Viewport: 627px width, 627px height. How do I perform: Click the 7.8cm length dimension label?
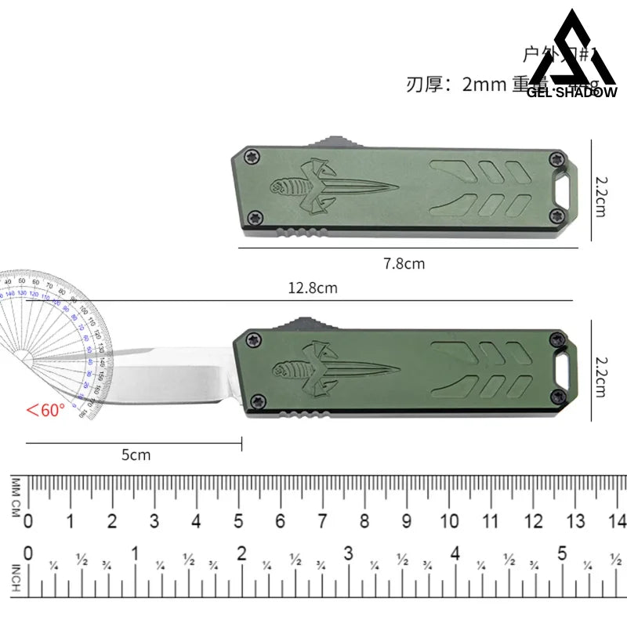coord(404,264)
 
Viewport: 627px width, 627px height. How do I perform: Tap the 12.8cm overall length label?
coord(312,288)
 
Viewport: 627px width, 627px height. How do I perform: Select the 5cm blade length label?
coord(136,455)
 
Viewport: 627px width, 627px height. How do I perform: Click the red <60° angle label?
coord(45,409)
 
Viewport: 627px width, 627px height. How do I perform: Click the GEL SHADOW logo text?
coord(573,92)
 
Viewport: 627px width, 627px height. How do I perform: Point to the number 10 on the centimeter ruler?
coord(449,521)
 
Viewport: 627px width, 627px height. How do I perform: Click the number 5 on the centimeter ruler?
coord(238,521)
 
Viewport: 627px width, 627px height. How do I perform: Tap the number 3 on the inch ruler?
coord(348,553)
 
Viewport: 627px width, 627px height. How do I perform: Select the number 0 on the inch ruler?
coord(29,553)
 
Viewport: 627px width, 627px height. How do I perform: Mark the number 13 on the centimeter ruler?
coord(575,521)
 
